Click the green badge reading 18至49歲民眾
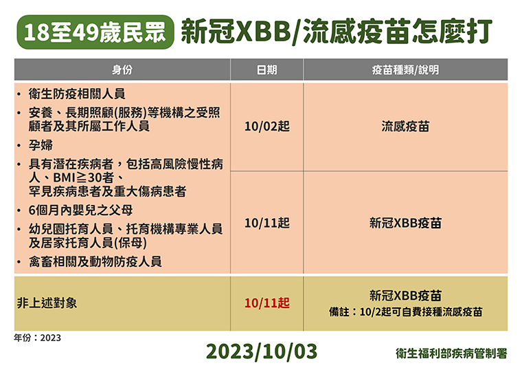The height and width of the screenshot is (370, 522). tap(95, 32)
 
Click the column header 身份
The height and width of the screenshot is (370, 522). tap(122, 69)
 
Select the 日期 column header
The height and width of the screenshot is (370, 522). tap(266, 69)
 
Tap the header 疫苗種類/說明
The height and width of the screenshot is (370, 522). tap(405, 69)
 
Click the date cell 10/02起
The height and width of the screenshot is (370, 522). tap(267, 127)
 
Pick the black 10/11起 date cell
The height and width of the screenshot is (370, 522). tap(267, 223)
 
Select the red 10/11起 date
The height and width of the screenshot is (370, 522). tap(267, 303)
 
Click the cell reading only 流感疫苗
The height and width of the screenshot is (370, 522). tap(405, 127)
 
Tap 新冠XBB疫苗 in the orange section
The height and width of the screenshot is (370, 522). tap(405, 223)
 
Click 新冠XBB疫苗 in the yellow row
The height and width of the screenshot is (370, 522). tap(405, 295)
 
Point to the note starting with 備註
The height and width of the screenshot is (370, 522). tap(405, 312)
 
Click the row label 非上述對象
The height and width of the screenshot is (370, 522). tap(47, 303)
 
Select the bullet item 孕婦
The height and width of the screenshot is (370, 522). tap(41, 145)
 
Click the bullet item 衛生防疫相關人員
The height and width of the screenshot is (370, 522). tap(77, 94)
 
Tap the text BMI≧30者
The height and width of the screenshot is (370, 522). tap(84, 177)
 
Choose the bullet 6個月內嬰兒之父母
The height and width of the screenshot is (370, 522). tap(80, 210)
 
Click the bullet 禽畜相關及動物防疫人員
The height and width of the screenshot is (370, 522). tap(95, 261)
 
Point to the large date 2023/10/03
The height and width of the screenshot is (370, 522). tap(262, 351)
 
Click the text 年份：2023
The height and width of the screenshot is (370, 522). tap(37, 338)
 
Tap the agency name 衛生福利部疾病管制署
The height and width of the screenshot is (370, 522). tap(451, 353)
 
